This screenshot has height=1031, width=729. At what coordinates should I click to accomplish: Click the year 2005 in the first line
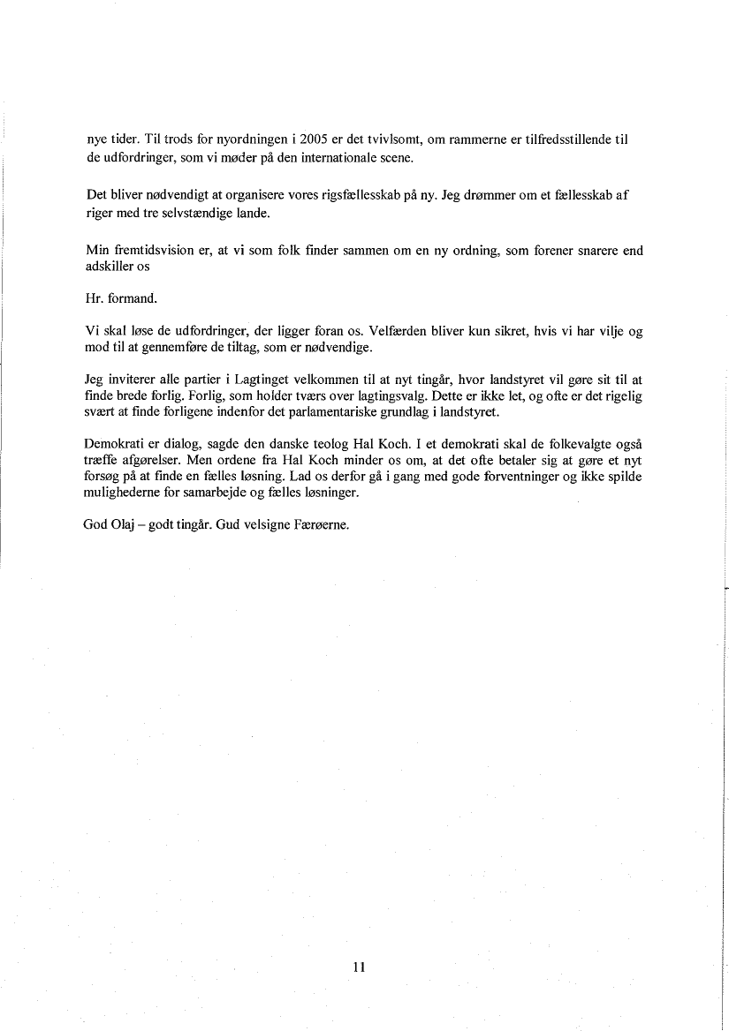click(315, 140)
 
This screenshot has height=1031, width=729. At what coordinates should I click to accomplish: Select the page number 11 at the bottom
click(359, 967)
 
